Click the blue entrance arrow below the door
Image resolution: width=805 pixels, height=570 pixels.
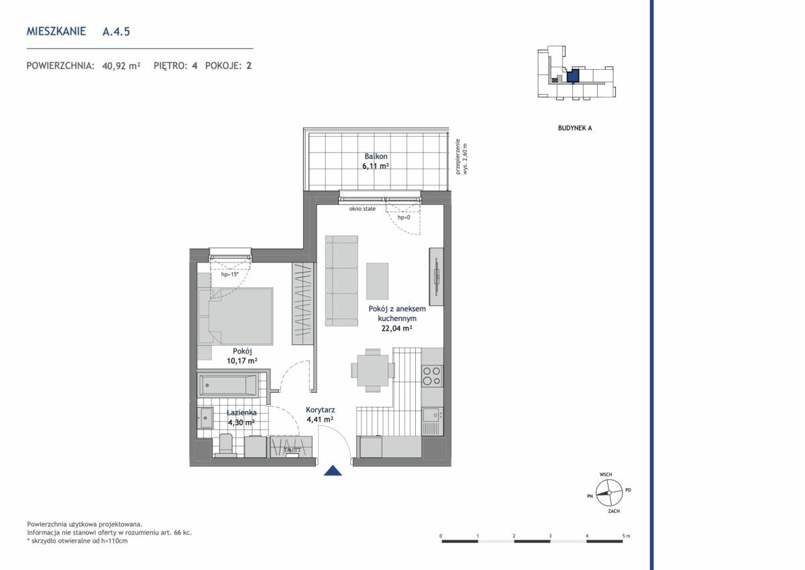pos(333,471)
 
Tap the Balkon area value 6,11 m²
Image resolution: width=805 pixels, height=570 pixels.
pos(376,166)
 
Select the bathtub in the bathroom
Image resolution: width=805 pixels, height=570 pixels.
pos(227,385)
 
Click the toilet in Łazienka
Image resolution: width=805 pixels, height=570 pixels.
pos(225,445)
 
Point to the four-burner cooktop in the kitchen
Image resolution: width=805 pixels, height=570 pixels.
pos(432,376)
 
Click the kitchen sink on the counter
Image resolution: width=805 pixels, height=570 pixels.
pos(432,416)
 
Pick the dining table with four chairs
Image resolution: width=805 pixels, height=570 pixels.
pos(373,370)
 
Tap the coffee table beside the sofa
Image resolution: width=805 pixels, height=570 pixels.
pos(377,281)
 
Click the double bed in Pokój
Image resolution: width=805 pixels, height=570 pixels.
pos(235,316)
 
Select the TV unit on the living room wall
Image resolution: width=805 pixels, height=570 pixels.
pos(436,277)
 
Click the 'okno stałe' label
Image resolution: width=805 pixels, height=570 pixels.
pos(362,209)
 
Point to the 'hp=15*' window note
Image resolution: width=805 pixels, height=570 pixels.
pos(229,275)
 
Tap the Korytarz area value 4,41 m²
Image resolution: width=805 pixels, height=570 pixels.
pos(320,420)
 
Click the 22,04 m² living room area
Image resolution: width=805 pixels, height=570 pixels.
pos(396,328)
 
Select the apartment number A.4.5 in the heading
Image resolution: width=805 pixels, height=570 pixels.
pos(116,32)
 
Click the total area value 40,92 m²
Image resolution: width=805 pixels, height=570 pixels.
pos(121,66)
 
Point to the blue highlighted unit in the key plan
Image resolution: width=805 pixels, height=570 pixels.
pos(573,76)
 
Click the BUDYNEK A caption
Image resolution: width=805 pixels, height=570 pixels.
pos(575,128)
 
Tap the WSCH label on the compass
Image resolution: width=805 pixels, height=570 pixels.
pos(606,475)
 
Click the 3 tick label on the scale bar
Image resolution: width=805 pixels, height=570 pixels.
pos(550,536)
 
